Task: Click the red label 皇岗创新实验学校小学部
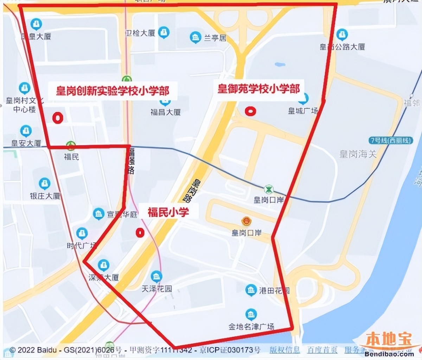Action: pyautogui.click(x=113, y=91)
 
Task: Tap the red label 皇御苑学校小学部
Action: pyautogui.click(x=259, y=88)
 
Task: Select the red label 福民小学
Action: pyautogui.click(x=168, y=212)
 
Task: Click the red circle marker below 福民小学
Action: pyautogui.click(x=140, y=233)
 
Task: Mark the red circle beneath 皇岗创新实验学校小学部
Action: pyautogui.click(x=58, y=118)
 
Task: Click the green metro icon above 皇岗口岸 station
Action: pyautogui.click(x=269, y=189)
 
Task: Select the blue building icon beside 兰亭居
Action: pyautogui.click(x=195, y=38)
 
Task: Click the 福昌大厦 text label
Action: pyautogui.click(x=166, y=112)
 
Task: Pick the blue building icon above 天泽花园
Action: pyautogui.click(x=156, y=276)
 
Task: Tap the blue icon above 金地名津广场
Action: pyautogui.click(x=251, y=314)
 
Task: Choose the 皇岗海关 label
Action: pyautogui.click(x=358, y=154)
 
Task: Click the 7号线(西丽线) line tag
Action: pyautogui.click(x=391, y=141)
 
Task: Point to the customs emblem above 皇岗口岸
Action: pyautogui.click(x=246, y=221)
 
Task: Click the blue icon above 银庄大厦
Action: pyautogui.click(x=44, y=184)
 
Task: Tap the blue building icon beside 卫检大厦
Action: pyautogui.click(x=164, y=33)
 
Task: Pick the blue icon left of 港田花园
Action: pyautogui.click(x=251, y=290)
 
